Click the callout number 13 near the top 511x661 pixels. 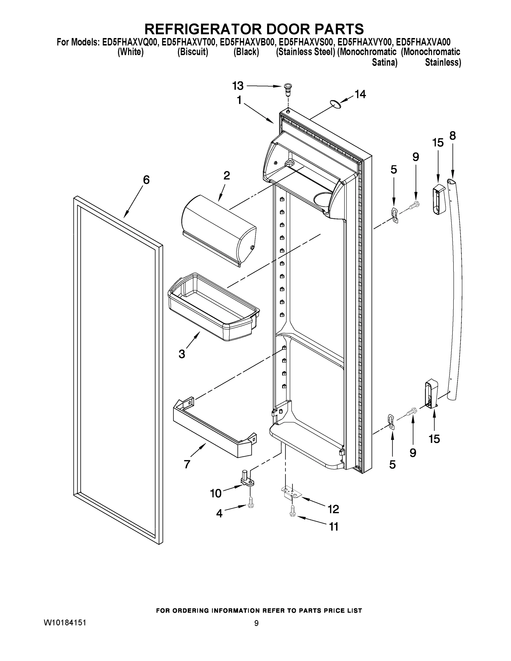238,86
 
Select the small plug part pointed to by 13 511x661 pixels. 288,89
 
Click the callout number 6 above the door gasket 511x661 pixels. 146,180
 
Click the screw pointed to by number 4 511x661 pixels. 251,503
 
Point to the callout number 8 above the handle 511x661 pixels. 452,136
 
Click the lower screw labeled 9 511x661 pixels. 412,411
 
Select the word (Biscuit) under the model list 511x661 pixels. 193,52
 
